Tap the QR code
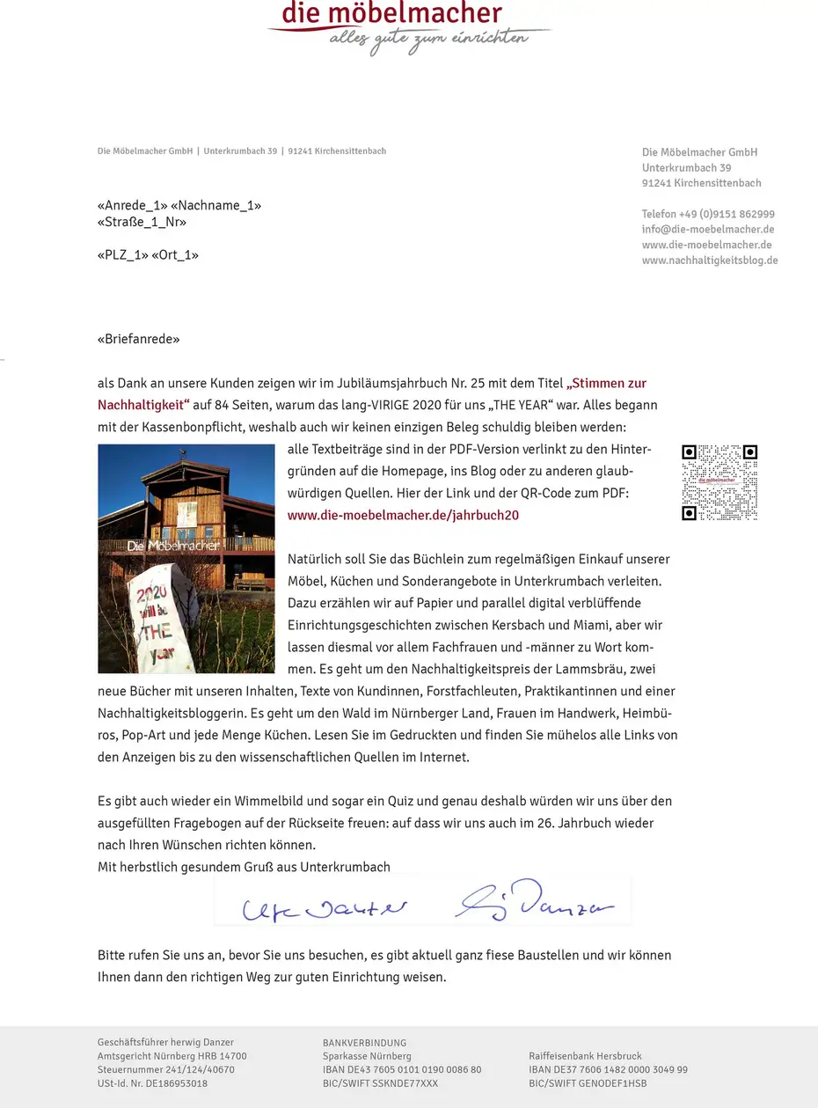pos(719,482)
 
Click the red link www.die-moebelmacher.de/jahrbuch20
pos(403,516)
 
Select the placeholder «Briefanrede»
pos(138,339)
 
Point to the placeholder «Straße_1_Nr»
pos(142,222)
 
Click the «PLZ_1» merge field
pos(121,255)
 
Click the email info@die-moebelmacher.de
pos(707,229)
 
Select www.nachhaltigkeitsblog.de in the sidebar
pos(709,260)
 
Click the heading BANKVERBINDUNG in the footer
pos(364,1043)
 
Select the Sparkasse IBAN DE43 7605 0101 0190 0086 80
pos(402,1070)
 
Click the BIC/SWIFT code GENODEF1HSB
pos(617,1083)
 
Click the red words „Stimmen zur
pos(607,384)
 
